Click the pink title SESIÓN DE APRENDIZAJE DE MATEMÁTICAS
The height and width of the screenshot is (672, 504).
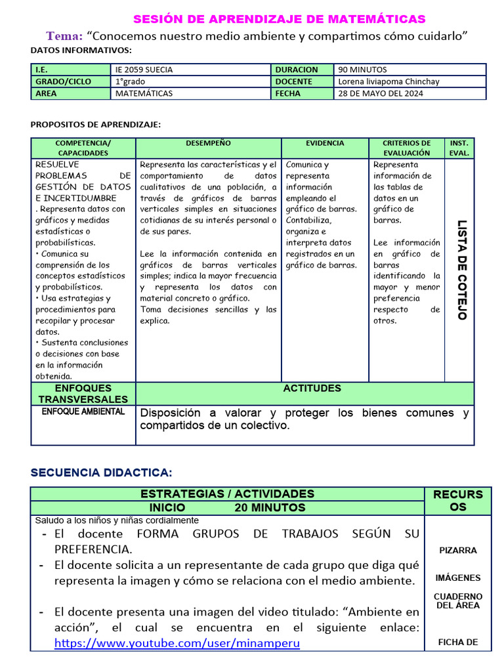coord(279,19)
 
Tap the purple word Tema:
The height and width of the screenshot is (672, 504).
coord(64,35)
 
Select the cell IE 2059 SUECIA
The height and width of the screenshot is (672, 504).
coord(144,70)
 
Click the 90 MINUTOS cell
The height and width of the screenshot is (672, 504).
coord(362,70)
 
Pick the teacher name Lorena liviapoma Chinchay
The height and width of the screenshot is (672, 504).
coord(388,81)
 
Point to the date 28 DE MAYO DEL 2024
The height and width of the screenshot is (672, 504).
coord(381,93)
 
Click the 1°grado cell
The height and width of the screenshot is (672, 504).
coord(131,81)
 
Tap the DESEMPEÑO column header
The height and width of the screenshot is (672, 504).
coord(208,143)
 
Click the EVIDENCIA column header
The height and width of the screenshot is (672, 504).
coord(325,143)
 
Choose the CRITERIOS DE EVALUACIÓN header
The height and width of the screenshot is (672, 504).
coord(406,148)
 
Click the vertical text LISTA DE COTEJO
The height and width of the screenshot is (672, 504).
coord(461,269)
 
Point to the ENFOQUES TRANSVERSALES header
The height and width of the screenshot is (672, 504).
coord(83,394)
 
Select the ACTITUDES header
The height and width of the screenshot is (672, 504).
coord(312,388)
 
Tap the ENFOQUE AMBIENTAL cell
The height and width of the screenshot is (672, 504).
coord(83,411)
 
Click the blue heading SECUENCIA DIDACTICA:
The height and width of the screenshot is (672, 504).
coord(102,472)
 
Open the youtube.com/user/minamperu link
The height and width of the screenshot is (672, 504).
coord(177,643)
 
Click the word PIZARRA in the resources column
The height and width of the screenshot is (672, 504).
coord(458,551)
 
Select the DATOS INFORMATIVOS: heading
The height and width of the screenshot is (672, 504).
coord(81,50)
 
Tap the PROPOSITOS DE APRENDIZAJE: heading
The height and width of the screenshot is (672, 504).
coord(96,124)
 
